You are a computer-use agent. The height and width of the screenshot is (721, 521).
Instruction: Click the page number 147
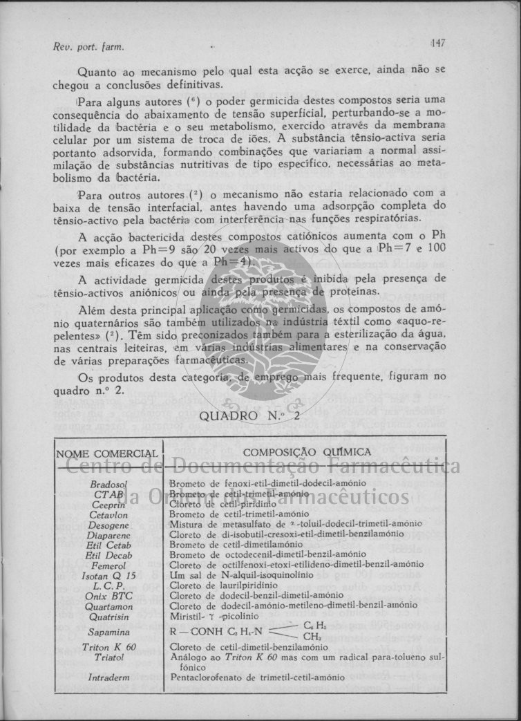[438, 43]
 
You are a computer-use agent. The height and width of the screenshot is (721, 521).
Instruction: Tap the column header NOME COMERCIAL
[106, 453]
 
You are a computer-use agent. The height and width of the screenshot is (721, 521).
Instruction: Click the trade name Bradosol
[106, 485]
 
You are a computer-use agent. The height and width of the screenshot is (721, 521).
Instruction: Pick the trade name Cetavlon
[107, 515]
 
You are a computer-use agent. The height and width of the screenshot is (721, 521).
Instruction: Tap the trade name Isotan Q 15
[108, 575]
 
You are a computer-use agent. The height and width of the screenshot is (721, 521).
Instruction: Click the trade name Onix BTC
[107, 595]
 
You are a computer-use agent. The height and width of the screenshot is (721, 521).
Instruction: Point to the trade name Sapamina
[107, 631]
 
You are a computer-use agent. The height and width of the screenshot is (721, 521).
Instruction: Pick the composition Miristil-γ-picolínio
[214, 615]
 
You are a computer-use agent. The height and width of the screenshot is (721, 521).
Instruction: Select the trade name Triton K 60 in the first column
[107, 647]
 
